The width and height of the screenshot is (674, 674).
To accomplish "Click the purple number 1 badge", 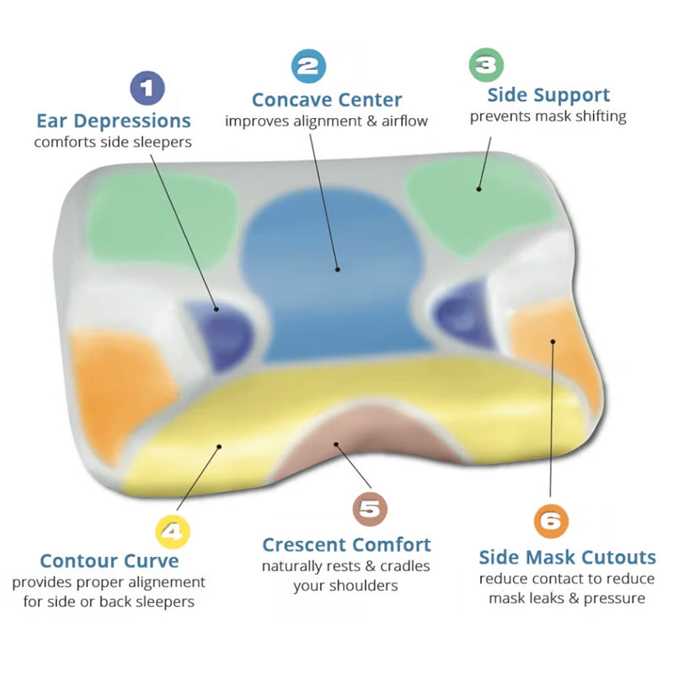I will pyautogui.click(x=147, y=88).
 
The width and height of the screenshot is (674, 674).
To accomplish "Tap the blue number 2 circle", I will pyautogui.click(x=308, y=67).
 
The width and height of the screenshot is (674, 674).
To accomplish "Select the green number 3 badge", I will pyautogui.click(x=485, y=64).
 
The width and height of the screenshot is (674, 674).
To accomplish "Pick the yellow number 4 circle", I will pyautogui.click(x=172, y=532).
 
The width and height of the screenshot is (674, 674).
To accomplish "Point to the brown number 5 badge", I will pyautogui.click(x=369, y=508).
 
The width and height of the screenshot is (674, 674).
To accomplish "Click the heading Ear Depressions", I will pyautogui.click(x=114, y=120).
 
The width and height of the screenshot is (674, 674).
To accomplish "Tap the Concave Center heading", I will pyautogui.click(x=327, y=99).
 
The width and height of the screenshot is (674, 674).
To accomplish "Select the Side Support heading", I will pyautogui.click(x=548, y=94).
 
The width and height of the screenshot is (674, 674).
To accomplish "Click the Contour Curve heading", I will pyautogui.click(x=110, y=560).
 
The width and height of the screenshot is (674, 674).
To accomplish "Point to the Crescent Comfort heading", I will pyautogui.click(x=346, y=544).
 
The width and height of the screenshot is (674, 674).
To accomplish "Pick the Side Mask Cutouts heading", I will pyautogui.click(x=567, y=557).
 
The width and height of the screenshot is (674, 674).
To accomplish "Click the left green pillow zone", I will pyautogui.click(x=156, y=215).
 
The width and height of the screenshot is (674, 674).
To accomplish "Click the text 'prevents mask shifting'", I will pyautogui.click(x=548, y=116).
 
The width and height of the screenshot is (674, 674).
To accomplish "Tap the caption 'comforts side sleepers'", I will pyautogui.click(x=113, y=142).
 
